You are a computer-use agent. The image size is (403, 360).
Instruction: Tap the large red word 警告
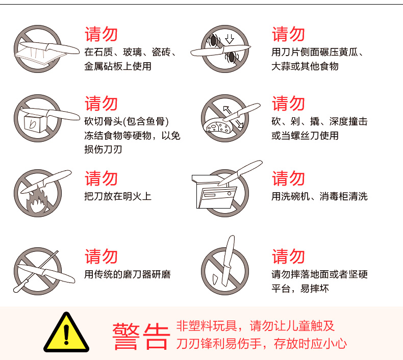click(x=141, y=337)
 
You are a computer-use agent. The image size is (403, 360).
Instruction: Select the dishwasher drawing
click(x=214, y=191)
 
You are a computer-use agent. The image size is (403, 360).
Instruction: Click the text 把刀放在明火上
click(x=118, y=196)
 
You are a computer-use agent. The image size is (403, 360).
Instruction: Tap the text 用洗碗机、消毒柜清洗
click(x=319, y=196)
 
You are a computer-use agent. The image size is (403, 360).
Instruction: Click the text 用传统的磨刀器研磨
click(x=128, y=274)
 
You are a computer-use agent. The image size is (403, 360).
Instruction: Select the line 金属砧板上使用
click(x=118, y=66)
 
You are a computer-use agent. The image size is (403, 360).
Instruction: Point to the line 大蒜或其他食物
click(x=305, y=66)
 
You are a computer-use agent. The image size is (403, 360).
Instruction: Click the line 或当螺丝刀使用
click(x=305, y=136)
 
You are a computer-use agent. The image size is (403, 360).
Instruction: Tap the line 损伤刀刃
click(x=103, y=149)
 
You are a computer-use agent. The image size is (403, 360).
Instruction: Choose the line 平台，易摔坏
click(x=300, y=289)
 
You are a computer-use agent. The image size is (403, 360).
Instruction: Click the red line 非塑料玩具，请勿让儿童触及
click(x=255, y=326)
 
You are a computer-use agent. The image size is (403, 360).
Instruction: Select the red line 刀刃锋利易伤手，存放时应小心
click(x=261, y=344)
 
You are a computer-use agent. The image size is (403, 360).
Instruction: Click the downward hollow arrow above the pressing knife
click(x=230, y=39)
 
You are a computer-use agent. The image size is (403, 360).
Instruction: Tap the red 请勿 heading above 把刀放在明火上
click(x=102, y=178)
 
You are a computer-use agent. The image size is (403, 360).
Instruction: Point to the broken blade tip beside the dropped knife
click(x=215, y=279)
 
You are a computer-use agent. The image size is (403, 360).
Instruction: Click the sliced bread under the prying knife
click(x=217, y=126)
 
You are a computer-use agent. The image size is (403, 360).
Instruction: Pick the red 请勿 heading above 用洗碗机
click(x=288, y=178)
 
